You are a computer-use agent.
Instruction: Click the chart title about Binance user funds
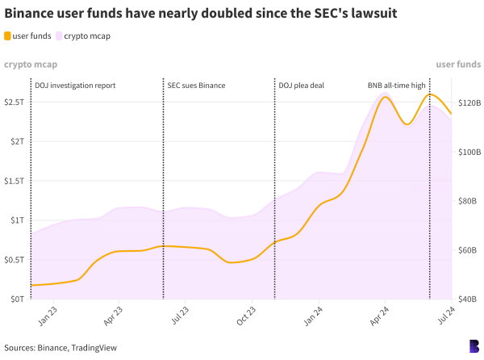coord(201,14)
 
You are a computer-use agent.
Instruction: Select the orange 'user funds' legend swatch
coord(8,36)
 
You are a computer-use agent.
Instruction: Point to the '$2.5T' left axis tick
coord(15,102)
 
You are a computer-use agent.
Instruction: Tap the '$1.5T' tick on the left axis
coord(15,181)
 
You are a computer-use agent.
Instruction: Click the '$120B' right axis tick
coord(469,103)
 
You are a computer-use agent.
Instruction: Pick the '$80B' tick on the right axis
coord(469,201)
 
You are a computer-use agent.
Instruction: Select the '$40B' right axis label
coord(469,299)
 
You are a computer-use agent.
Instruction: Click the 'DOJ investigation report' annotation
coord(75,85)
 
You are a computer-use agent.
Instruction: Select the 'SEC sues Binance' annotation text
coord(196,85)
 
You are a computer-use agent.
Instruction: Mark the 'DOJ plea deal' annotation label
coord(301,85)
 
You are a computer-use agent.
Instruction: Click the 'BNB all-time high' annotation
coord(396,85)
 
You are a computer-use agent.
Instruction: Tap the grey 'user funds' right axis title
coord(458,63)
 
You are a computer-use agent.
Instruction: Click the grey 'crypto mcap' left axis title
coord(30,63)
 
